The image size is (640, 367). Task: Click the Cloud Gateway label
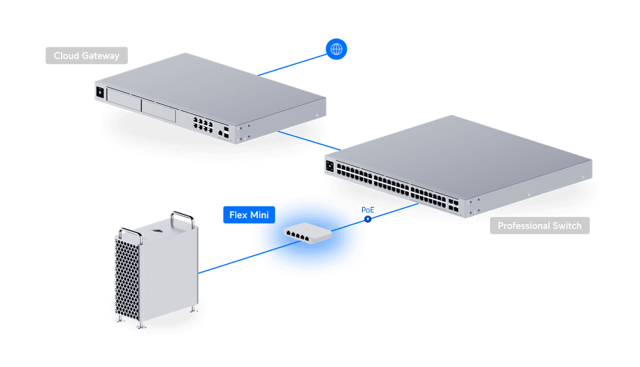tap(87, 56)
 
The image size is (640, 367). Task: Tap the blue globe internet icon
tap(337, 49)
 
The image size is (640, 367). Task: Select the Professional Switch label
tap(539, 226)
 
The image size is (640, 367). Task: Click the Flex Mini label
tap(249, 215)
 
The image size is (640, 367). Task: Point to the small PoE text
tap(367, 210)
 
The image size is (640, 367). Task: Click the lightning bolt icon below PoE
tap(368, 219)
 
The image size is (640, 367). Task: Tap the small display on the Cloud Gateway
tap(99, 92)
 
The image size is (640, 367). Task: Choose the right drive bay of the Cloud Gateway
tap(159, 111)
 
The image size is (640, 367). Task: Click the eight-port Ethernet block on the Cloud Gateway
tap(201, 123)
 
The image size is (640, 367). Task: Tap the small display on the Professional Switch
tap(329, 165)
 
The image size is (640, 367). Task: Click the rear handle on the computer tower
tap(182, 215)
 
